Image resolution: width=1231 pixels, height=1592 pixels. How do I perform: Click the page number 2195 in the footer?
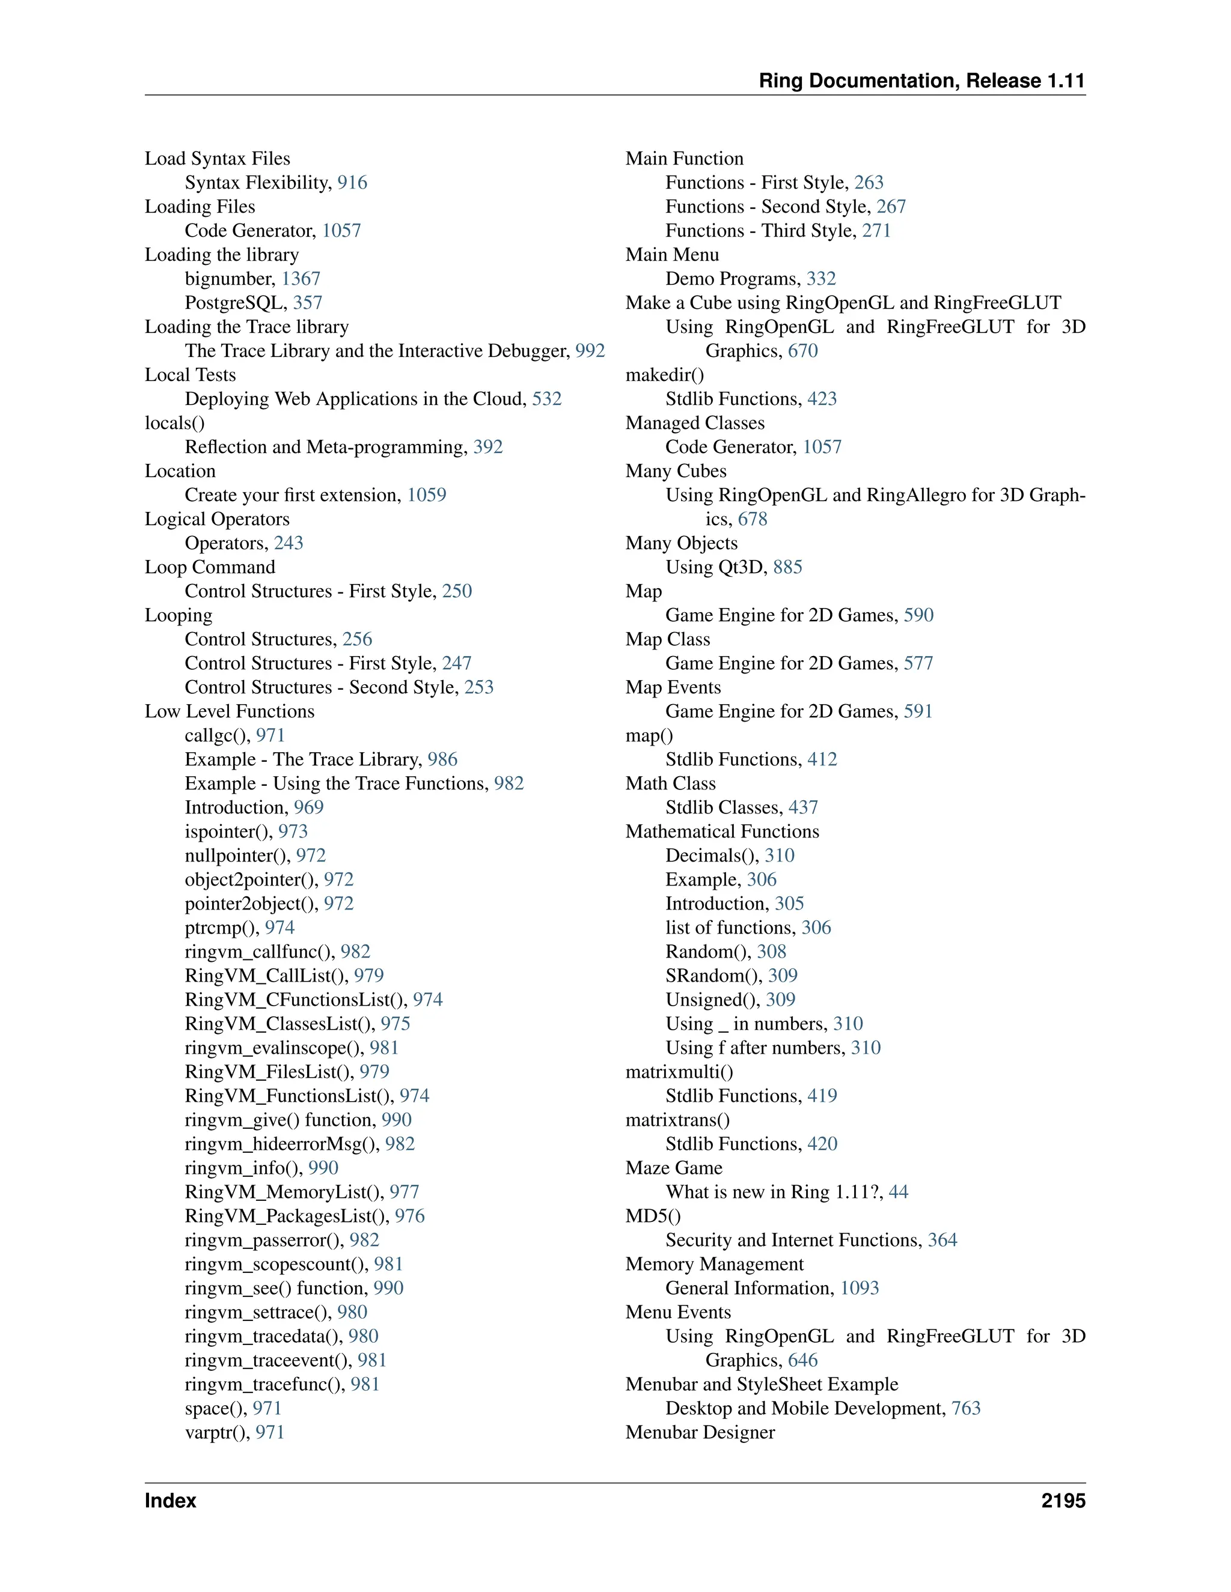(1063, 1501)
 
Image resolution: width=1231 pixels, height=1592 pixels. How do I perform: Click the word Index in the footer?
(170, 1501)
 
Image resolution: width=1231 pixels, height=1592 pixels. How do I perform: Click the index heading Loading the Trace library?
(246, 327)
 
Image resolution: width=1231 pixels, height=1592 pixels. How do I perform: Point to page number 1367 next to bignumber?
(301, 279)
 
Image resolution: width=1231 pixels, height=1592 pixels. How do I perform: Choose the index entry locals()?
(174, 423)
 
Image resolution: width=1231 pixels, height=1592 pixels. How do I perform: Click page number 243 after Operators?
(288, 543)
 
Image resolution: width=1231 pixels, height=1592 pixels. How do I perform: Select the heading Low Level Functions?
(229, 711)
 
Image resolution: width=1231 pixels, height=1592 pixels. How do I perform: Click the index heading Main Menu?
(671, 254)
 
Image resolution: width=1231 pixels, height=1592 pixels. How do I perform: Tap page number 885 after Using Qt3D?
(787, 567)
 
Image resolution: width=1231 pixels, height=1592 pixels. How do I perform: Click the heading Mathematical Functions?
(722, 831)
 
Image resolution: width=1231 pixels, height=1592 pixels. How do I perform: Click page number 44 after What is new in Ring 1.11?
(898, 1192)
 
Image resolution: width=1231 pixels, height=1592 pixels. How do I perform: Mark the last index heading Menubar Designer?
(700, 1432)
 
